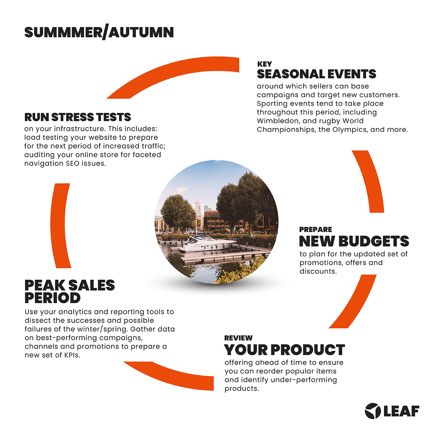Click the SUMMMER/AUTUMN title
pos(99,32)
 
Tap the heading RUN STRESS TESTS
pos(78,117)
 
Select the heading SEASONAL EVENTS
pos(316,74)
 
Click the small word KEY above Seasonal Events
pos(264,64)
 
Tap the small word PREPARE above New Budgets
pos(315,229)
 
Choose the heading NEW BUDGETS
pos(354,241)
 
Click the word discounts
pos(318,271)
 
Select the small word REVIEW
pos(238,338)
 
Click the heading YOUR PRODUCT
pos(284,350)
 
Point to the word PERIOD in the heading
pos(53,298)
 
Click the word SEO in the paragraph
pos(73,163)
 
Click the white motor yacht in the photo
pos(208,243)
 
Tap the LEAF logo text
pos(401,411)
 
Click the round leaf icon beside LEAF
pos(373,411)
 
